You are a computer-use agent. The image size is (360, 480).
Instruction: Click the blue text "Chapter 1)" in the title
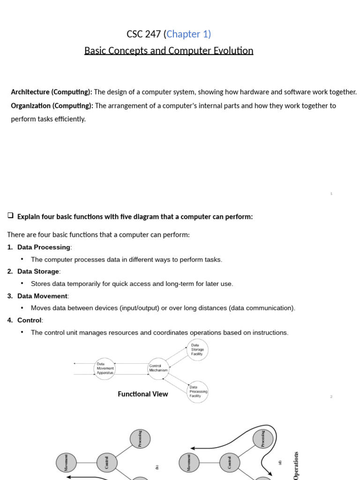pyautogui.click(x=188, y=34)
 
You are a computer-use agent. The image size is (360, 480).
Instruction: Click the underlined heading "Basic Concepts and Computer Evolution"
pyautogui.click(x=169, y=51)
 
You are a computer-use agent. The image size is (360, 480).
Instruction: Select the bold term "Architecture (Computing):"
pyautogui.click(x=52, y=92)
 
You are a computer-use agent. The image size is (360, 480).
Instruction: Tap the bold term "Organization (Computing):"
pyautogui.click(x=52, y=105)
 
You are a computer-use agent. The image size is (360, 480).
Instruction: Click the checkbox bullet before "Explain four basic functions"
pyautogui.click(x=10, y=216)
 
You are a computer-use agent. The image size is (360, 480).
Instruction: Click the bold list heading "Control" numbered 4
pyautogui.click(x=30, y=320)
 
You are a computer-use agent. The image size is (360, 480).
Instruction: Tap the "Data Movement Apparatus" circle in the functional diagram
pyautogui.click(x=105, y=368)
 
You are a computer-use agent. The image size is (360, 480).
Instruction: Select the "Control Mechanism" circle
pyautogui.click(x=158, y=368)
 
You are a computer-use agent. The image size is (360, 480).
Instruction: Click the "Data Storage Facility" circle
pyautogui.click(x=197, y=350)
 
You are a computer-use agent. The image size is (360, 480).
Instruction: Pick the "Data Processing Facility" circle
pyautogui.click(x=197, y=392)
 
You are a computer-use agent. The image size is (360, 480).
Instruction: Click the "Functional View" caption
pyautogui.click(x=142, y=394)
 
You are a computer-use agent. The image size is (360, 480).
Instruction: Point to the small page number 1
pyautogui.click(x=331, y=194)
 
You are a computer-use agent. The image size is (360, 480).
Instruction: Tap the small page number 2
pyautogui.click(x=331, y=397)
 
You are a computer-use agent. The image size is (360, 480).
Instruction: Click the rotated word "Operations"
pyautogui.click(x=296, y=465)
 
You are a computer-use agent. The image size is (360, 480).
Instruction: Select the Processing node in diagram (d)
pyautogui.click(x=263, y=439)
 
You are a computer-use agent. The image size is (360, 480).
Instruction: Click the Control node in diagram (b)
pyautogui.click(x=106, y=462)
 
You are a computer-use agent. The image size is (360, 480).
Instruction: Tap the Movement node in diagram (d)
pyautogui.click(x=189, y=462)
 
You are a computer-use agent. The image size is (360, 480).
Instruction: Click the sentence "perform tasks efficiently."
pyautogui.click(x=48, y=119)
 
